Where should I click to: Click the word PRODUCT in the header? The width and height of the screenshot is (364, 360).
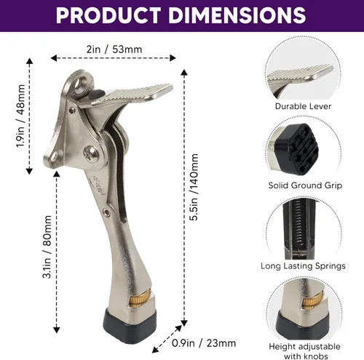click(108, 15)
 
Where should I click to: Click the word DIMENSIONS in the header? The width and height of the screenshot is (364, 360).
click(237, 15)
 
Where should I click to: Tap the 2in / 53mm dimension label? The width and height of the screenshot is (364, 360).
click(114, 49)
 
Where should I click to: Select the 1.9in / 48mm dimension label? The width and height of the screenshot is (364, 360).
click(20, 116)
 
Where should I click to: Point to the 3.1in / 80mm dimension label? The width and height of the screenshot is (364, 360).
click(47, 247)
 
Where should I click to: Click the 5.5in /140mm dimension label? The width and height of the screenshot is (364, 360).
click(194, 187)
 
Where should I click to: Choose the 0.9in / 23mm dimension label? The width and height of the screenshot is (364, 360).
click(204, 343)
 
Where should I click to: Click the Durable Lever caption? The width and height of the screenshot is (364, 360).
click(303, 106)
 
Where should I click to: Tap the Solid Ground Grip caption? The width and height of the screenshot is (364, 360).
click(305, 185)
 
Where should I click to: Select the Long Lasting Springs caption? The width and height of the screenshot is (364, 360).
click(303, 266)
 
